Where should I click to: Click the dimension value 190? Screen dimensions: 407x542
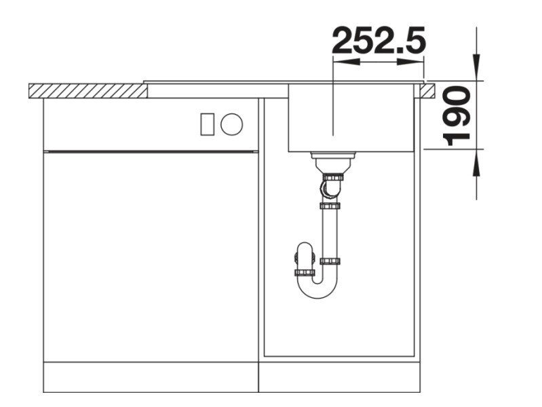coord(457,115)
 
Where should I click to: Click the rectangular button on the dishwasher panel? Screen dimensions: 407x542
coord(208,123)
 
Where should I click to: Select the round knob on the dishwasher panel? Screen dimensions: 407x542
coord(231,123)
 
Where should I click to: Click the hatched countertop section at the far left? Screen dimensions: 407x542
coord(88,90)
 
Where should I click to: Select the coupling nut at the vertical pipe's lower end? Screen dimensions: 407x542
coord(330,261)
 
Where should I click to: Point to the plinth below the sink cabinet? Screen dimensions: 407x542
coord(339,376)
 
